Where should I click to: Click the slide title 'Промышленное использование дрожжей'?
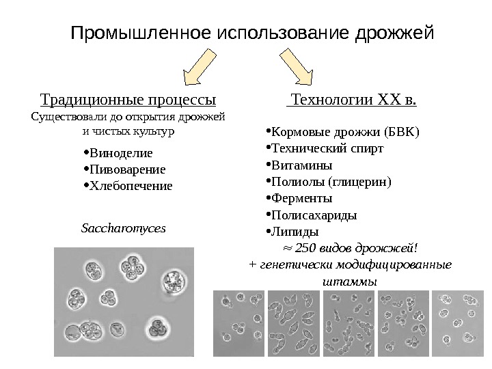click(x=253, y=32)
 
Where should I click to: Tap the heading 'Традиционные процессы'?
click(x=128, y=102)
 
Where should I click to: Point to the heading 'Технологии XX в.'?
click(x=353, y=102)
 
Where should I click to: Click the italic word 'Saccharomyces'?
click(x=124, y=228)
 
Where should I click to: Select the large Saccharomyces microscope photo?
click(x=124, y=301)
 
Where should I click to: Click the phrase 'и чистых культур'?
click(x=128, y=129)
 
